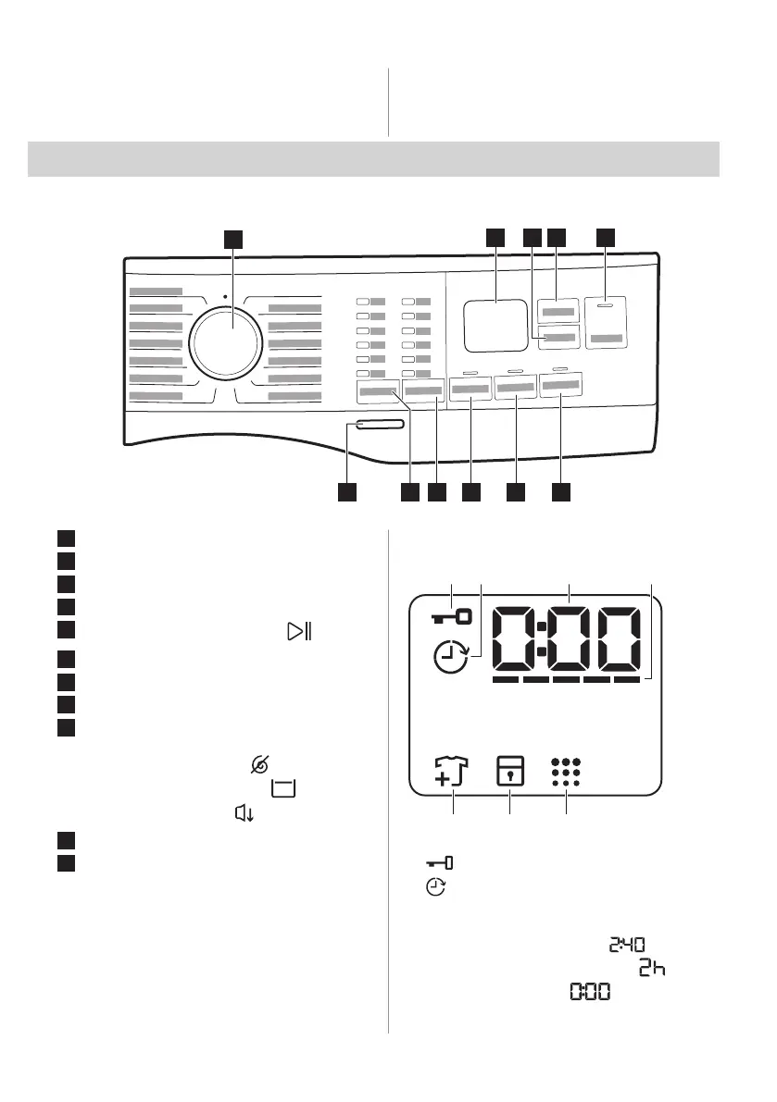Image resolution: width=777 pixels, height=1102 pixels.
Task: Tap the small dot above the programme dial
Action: (225, 298)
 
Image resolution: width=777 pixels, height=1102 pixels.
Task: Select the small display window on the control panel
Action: (496, 325)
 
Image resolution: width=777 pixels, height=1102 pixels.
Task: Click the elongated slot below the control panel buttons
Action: (378, 425)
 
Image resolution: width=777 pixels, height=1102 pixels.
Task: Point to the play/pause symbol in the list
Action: (298, 632)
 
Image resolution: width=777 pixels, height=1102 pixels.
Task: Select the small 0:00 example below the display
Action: (590, 992)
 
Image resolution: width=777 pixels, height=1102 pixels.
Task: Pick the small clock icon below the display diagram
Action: (435, 886)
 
